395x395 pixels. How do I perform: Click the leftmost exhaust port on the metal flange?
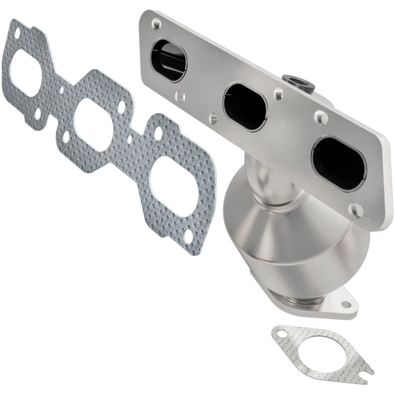tap(168, 61)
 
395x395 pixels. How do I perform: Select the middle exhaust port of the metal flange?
tap(245, 105)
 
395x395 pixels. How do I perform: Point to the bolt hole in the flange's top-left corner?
tap(156, 22)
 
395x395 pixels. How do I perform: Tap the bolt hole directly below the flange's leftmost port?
tap(181, 97)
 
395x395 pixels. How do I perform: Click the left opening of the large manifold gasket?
tap(25, 74)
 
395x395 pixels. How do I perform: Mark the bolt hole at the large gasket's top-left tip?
tap(17, 33)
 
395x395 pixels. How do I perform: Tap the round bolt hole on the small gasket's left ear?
tap(283, 335)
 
